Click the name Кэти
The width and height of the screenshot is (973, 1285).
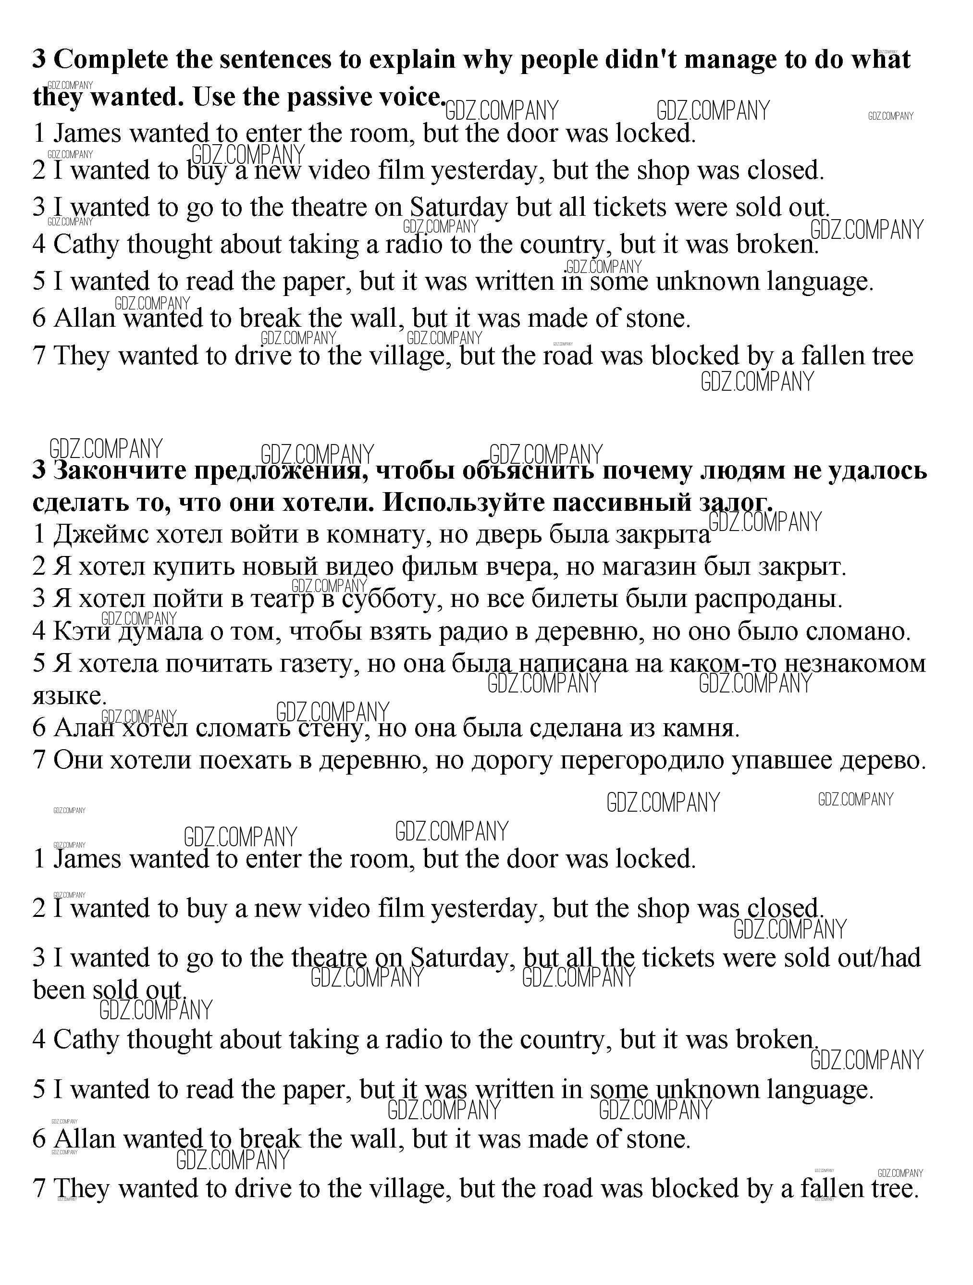81,631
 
